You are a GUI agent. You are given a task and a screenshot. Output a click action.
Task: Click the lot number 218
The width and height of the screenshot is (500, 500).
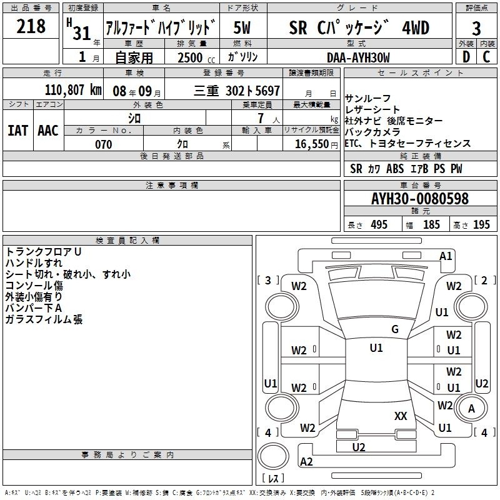pos(31,26)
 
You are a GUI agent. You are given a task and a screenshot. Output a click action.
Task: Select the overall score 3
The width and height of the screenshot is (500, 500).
pos(476,28)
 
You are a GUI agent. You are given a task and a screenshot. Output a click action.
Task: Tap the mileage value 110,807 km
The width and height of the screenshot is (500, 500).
pos(73,90)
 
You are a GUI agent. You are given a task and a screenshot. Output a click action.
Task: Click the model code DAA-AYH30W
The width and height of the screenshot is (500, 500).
pos(358,57)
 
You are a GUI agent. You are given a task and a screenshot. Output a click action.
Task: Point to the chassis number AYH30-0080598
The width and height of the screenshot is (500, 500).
pos(420,199)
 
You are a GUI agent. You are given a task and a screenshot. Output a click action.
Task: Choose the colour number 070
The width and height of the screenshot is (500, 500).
pos(104,144)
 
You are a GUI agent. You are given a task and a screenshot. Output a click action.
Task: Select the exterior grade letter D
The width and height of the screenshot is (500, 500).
pos(466,57)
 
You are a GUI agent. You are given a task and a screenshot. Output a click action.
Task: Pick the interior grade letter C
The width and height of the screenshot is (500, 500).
pos(486,57)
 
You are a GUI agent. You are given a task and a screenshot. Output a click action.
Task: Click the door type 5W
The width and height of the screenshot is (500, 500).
pos(242,27)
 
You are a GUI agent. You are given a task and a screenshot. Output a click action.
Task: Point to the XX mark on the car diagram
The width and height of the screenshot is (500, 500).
pos(401,416)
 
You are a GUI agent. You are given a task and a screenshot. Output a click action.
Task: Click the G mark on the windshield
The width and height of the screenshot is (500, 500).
pos(395,329)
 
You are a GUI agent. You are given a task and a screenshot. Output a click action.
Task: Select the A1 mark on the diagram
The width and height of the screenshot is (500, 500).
pos(446,256)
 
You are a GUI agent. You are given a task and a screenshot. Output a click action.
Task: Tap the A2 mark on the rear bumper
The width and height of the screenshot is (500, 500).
pos(306,461)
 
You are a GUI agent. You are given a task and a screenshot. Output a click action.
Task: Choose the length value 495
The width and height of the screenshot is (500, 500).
pos(379,224)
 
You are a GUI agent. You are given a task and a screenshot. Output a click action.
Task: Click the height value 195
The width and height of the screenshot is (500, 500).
pos(481,224)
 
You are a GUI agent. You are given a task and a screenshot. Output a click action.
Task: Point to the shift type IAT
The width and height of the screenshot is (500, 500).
pos(18,131)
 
